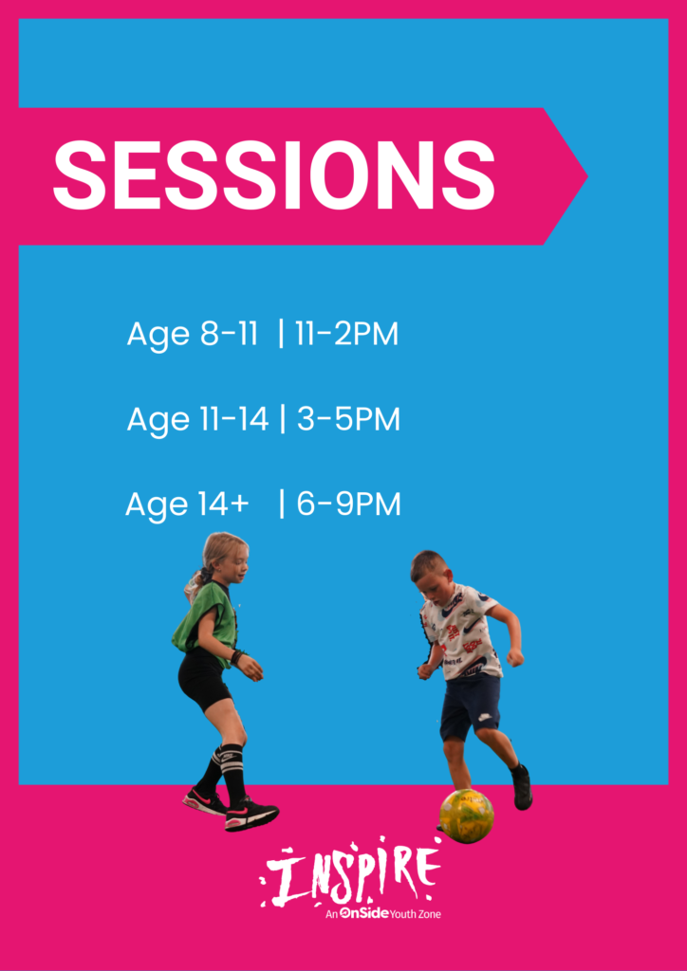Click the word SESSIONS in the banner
pyautogui.click(x=274, y=175)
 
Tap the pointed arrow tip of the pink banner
pyautogui.click(x=586, y=176)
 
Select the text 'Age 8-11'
pyautogui.click(x=192, y=336)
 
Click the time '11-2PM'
pyautogui.click(x=346, y=335)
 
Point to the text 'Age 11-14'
pyautogui.click(x=197, y=421)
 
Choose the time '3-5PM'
pyautogui.click(x=348, y=420)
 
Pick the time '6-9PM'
pyautogui.click(x=349, y=504)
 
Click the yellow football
pyautogui.click(x=467, y=815)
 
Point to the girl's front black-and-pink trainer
pyautogui.click(x=251, y=815)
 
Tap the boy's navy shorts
pyautogui.click(x=471, y=705)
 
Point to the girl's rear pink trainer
pyautogui.click(x=204, y=802)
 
